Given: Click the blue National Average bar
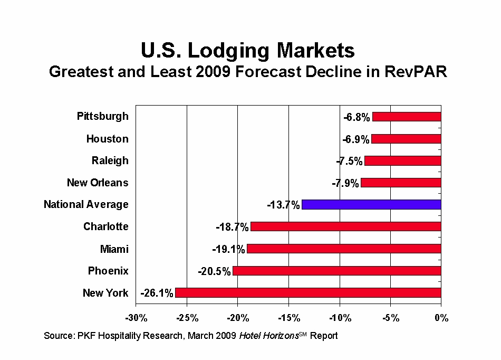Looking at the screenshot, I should [371, 205].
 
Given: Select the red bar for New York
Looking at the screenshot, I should [308, 293].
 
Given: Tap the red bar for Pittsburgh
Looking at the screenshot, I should [407, 117].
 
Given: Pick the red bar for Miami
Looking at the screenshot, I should [344, 249].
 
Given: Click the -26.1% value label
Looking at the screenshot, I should [157, 293].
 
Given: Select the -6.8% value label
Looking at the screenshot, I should [357, 117].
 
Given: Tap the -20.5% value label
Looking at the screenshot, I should [214, 271].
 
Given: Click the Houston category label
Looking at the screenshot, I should [107, 139].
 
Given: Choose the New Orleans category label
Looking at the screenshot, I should [98, 183].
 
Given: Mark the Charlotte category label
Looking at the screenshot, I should [105, 226].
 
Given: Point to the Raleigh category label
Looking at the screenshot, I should [110, 160].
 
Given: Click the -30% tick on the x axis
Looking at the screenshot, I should [136, 318].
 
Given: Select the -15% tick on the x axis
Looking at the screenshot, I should [288, 318].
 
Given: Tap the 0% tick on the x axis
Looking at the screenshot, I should [441, 318].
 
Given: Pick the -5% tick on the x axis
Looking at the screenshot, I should [391, 318].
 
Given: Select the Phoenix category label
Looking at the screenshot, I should [108, 271].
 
